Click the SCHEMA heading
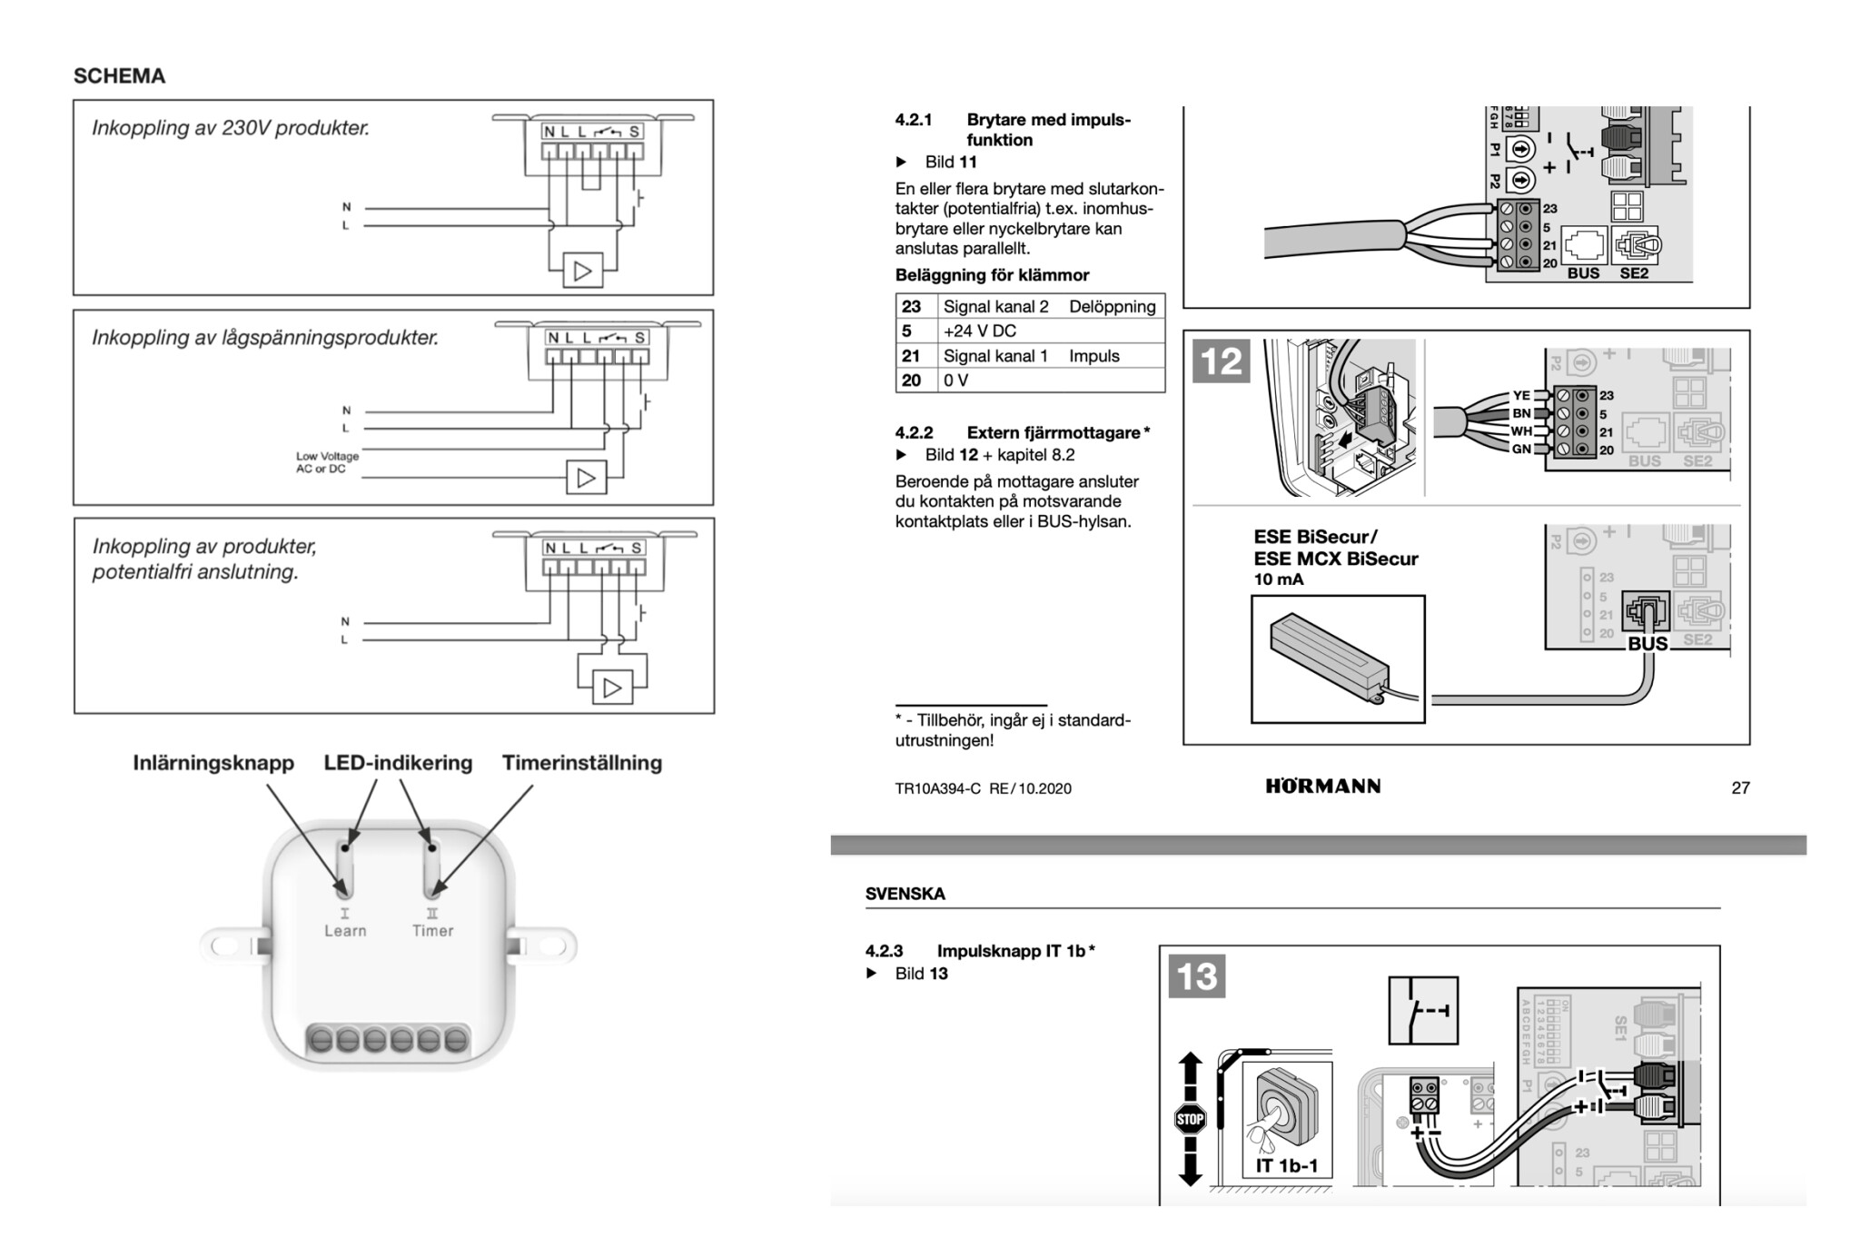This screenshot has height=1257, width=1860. [x=119, y=76]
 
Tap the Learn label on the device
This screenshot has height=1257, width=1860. [x=345, y=930]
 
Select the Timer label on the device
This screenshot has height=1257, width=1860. [x=432, y=930]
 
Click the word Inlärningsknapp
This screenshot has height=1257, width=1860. [x=213, y=763]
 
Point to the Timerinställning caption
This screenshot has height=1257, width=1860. [x=582, y=763]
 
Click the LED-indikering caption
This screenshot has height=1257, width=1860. [x=398, y=763]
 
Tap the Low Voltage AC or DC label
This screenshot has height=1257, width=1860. [x=326, y=462]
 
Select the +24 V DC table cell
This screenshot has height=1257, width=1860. [x=979, y=331]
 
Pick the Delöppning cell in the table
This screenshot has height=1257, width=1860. [x=1112, y=306]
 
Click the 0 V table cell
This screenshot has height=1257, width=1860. [x=955, y=381]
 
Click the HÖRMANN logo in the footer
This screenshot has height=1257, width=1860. [x=1322, y=787]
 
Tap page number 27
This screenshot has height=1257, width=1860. [x=1740, y=788]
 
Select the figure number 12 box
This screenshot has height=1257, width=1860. [x=1221, y=361]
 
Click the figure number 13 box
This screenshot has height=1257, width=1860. [x=1196, y=976]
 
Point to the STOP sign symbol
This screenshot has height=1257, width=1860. [x=1190, y=1119]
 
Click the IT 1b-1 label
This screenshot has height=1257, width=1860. [x=1286, y=1165]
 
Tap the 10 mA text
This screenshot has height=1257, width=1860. [x=1278, y=579]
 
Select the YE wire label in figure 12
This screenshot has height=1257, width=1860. [x=1520, y=396]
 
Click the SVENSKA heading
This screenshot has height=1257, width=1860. [x=905, y=894]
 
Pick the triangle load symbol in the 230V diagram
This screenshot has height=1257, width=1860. [x=583, y=271]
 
